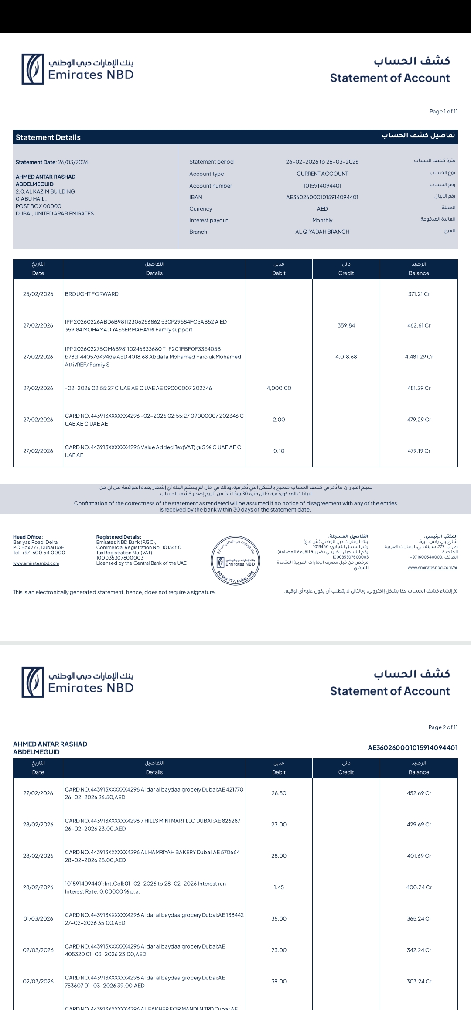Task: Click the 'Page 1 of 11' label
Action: [x=443, y=112]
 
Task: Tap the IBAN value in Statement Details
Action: [x=322, y=197]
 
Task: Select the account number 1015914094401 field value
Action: [x=322, y=186]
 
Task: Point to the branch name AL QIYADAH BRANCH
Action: [x=322, y=232]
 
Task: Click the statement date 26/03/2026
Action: [x=73, y=162]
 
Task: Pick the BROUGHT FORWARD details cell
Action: [x=92, y=294]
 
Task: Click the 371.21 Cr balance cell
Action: [x=419, y=294]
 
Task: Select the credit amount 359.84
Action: [x=346, y=326]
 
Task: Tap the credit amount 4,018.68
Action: [x=346, y=357]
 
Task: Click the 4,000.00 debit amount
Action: [x=279, y=389]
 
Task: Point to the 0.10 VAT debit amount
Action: [x=279, y=451]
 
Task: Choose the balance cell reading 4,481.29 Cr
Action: [x=419, y=357]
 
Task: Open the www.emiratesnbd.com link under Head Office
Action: [x=36, y=563]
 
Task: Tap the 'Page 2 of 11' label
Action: [x=443, y=727]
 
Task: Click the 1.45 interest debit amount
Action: [x=279, y=887]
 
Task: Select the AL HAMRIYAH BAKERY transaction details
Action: [x=152, y=856]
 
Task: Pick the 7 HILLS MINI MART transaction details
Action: [x=152, y=825]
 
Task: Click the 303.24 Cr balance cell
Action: [x=419, y=982]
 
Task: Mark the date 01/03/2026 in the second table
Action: [x=38, y=919]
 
